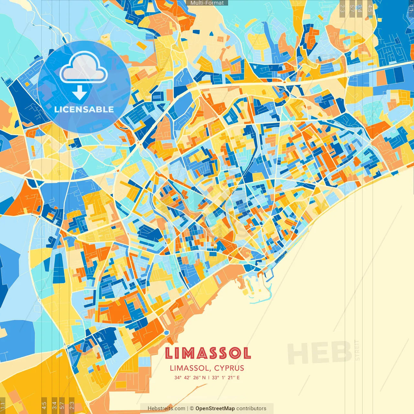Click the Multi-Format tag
click(x=207, y=3)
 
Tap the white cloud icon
click(x=83, y=68)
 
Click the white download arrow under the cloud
click(x=80, y=93)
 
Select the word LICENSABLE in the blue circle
click(x=84, y=109)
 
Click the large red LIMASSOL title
click(x=208, y=353)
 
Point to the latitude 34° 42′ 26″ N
click(x=190, y=377)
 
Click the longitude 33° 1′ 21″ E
click(x=226, y=377)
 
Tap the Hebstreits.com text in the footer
click(x=166, y=409)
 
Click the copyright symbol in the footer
click(x=192, y=409)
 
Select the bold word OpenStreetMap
click(x=215, y=409)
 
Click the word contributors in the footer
click(x=251, y=409)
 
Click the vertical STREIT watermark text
click(x=357, y=350)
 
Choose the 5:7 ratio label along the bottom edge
click(x=62, y=405)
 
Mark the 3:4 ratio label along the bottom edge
click(x=54, y=405)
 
